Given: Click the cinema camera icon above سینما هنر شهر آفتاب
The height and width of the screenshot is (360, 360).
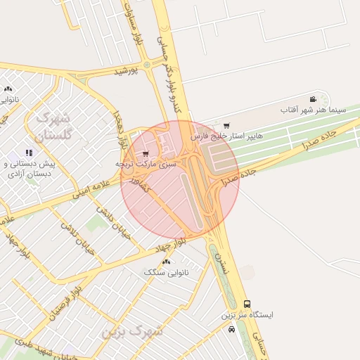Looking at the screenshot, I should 313,99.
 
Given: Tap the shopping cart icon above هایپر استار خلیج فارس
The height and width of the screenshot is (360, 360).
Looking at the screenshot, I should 225,126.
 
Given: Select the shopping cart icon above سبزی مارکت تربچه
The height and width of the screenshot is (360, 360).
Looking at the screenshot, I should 145,153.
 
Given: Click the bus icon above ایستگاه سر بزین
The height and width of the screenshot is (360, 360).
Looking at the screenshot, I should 246,304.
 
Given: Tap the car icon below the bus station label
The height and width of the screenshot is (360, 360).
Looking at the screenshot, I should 232,329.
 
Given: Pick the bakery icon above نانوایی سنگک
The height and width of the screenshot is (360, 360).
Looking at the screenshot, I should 167,262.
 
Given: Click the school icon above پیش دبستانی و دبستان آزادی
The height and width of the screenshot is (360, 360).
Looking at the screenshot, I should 29,153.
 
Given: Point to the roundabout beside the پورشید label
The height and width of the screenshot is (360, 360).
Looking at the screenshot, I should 146,66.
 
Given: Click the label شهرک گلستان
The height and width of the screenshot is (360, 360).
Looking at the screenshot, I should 53,126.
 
